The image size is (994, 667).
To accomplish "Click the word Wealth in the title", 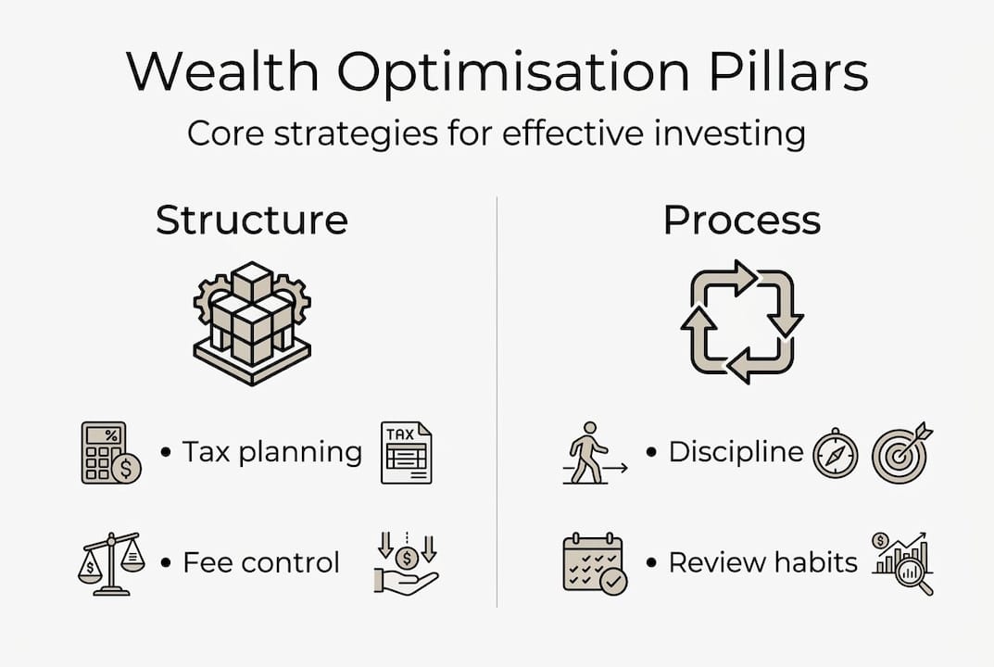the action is point(222,70).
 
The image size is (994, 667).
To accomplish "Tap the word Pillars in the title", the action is point(788,70).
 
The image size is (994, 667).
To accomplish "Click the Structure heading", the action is point(252,220).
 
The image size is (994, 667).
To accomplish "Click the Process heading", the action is point(742,220).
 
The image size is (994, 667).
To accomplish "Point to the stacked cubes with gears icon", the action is point(252,322).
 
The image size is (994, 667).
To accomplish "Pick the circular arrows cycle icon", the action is point(742,321).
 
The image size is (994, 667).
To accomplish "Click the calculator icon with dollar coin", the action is point(111,453).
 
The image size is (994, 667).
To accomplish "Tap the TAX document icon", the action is point(407,453).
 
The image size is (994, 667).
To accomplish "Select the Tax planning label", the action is point(272,453).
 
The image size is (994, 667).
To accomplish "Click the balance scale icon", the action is point(111,563).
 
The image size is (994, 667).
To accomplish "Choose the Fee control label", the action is point(261,562).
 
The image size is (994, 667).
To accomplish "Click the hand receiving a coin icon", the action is point(406,563).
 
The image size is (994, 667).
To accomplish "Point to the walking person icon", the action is point(595,453).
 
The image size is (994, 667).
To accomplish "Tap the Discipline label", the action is point(736,452).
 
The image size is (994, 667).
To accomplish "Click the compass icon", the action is point(836,453).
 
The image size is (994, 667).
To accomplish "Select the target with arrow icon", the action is point(901,452).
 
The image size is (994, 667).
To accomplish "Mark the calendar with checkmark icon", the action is point(595,563).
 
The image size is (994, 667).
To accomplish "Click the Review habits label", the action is point(762,562).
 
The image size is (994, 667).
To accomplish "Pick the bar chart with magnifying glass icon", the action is point(902,563).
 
